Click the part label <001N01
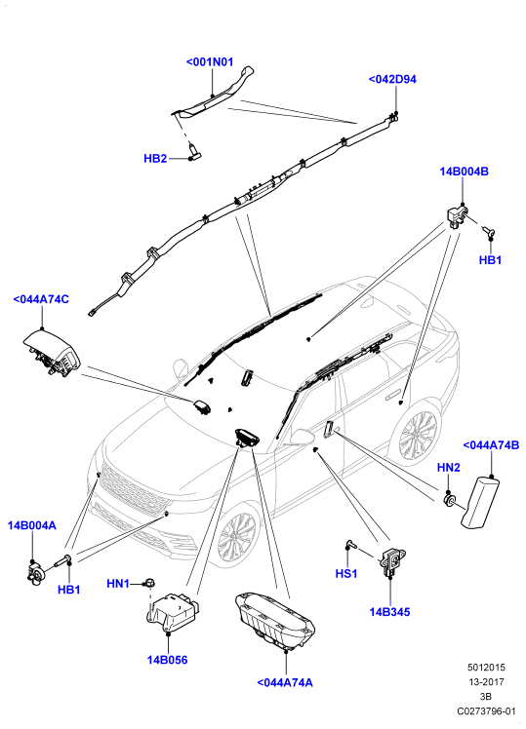[210, 61]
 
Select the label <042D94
[392, 79]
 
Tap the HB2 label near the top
[155, 159]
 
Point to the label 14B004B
[465, 172]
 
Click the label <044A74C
[41, 299]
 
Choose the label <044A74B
[491, 445]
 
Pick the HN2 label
[448, 467]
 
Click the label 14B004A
[31, 525]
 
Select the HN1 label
[118, 583]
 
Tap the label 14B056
[167, 660]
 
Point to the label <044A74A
[285, 682]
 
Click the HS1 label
[346, 574]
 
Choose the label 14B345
[389, 612]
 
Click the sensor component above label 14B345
[392, 561]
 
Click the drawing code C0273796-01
[486, 711]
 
